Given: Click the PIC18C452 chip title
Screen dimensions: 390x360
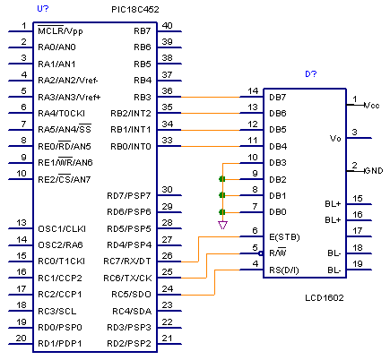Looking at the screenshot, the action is pyautogui.click(x=135, y=10).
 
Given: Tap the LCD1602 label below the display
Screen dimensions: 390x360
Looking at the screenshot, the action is pyautogui.click(x=325, y=298).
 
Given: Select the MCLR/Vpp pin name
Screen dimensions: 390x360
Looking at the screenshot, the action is pyautogui.click(x=60, y=30).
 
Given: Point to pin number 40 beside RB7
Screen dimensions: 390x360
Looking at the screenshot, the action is pyautogui.click(x=167, y=26).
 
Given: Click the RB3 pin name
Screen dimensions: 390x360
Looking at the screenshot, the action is pyautogui.click(x=143, y=98).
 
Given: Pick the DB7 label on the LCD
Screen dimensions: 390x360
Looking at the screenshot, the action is pyautogui.click(x=278, y=98).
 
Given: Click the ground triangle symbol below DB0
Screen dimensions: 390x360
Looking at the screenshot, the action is pyautogui.click(x=222, y=225).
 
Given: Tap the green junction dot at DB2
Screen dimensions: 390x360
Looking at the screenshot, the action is pyautogui.click(x=221, y=179).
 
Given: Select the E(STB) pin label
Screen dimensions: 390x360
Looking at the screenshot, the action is pyautogui.click(x=284, y=237).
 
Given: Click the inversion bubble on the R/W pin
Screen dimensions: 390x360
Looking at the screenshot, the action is pyautogui.click(x=261, y=253).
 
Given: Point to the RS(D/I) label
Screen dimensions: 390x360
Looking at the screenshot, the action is pyautogui.click(x=284, y=270).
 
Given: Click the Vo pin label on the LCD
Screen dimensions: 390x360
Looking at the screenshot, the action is pyautogui.click(x=335, y=139).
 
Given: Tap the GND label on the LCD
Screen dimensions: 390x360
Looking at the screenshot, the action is pyautogui.click(x=374, y=171).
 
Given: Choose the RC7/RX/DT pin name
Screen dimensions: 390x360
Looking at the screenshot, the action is pyautogui.click(x=127, y=261).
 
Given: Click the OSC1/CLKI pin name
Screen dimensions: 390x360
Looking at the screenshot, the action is pyautogui.click(x=62, y=229).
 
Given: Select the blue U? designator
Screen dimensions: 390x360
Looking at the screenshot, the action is pyautogui.click(x=43, y=8).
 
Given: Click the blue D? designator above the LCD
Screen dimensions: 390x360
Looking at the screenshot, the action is pyautogui.click(x=311, y=73).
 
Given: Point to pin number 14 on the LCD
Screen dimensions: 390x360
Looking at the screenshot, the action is pyautogui.click(x=253, y=91).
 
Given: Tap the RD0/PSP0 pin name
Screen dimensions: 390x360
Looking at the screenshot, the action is pyautogui.click(x=60, y=328).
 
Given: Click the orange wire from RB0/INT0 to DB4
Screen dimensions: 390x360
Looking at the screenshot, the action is pyautogui.click(x=211, y=146).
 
